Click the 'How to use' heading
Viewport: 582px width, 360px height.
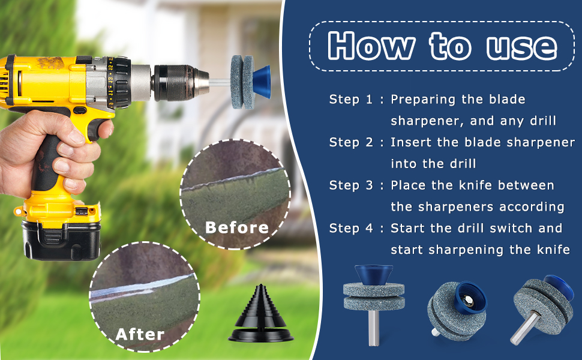pos(442,46)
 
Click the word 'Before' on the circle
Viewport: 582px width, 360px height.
pos(237,227)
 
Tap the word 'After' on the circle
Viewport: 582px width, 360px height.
pos(140,334)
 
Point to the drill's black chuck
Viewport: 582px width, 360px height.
pos(177,80)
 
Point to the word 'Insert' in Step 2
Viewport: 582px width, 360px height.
pos(408,143)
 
